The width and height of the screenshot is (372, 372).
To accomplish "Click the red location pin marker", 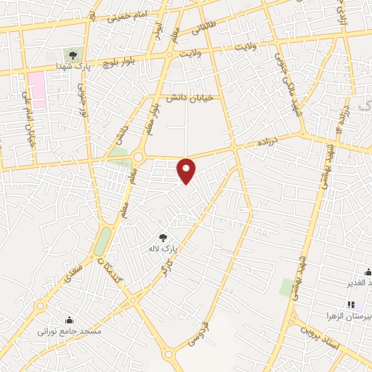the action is pos(187,171).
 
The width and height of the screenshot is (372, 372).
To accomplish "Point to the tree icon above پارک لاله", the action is pos(163,237).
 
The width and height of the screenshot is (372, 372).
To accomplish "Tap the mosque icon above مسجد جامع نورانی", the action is pos(69,320).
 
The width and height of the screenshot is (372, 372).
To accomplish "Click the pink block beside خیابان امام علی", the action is pos(37,90).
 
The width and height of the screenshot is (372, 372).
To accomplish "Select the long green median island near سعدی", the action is pos(102,241).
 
